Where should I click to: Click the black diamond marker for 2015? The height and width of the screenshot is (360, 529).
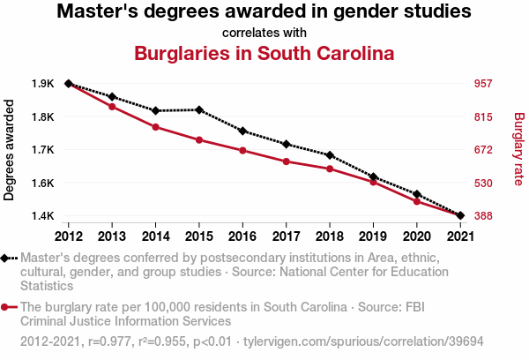click(199, 110)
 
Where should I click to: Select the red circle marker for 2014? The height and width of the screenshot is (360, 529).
click(155, 127)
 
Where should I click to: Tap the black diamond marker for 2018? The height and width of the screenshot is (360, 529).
click(329, 155)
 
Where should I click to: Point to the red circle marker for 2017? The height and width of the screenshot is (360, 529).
click(286, 161)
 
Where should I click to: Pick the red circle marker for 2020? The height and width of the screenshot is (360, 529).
click(416, 202)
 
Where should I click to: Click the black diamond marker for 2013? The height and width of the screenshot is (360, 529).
click(112, 96)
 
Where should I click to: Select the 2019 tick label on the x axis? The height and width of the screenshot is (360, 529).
click(373, 236)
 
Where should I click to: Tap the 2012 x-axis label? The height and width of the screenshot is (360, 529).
click(69, 236)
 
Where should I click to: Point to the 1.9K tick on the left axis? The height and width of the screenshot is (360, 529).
click(42, 84)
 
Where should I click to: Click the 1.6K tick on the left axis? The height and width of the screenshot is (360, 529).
click(42, 183)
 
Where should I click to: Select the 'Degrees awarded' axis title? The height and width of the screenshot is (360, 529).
click(10, 150)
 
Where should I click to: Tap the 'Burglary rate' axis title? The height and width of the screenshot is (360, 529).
click(518, 150)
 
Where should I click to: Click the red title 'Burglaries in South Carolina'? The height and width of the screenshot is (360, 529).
click(264, 53)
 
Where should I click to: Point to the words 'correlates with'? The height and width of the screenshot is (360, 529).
click(264, 33)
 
